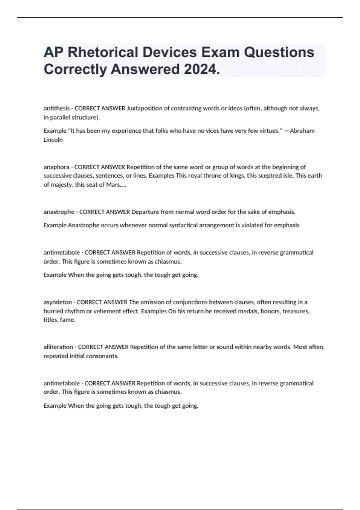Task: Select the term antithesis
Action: click(56, 108)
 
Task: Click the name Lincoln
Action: click(53, 140)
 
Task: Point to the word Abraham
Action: click(302, 131)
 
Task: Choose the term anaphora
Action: click(56, 167)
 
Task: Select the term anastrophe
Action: click(59, 212)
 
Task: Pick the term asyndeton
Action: click(58, 302)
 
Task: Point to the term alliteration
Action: click(58, 347)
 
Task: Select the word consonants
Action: click(103, 356)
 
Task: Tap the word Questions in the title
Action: click(279, 52)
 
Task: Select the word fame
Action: click(67, 320)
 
